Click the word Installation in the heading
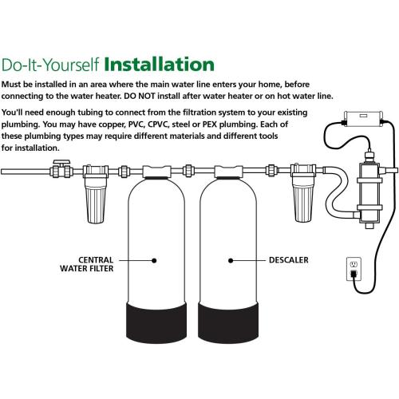(160, 63)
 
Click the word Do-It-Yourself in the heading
(52, 64)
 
